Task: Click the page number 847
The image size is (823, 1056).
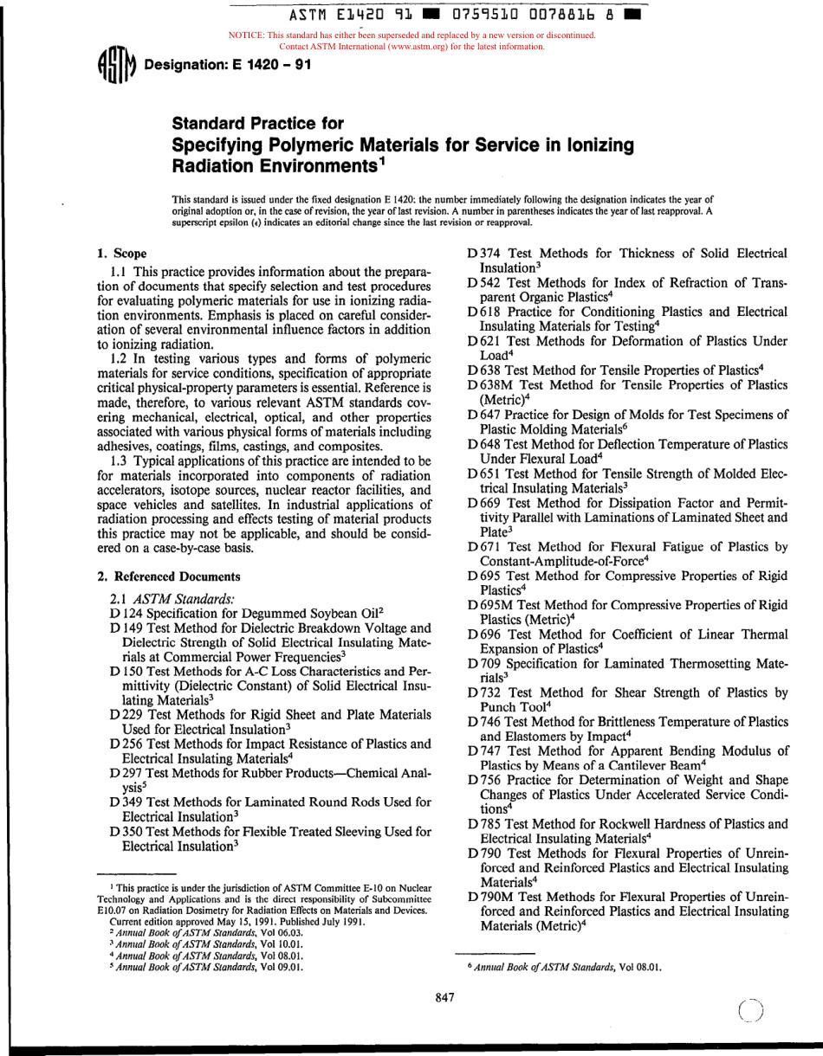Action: tap(445, 998)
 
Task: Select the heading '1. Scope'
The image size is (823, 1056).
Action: tap(119, 254)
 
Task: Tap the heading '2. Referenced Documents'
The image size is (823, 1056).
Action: tap(168, 576)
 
